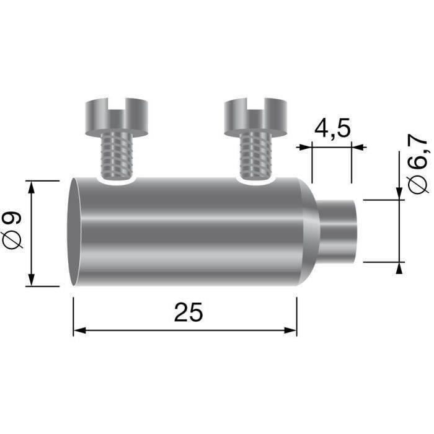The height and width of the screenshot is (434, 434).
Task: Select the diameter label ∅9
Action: coord(13,232)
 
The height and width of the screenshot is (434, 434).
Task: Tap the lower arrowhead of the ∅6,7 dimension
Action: coord(398,267)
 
